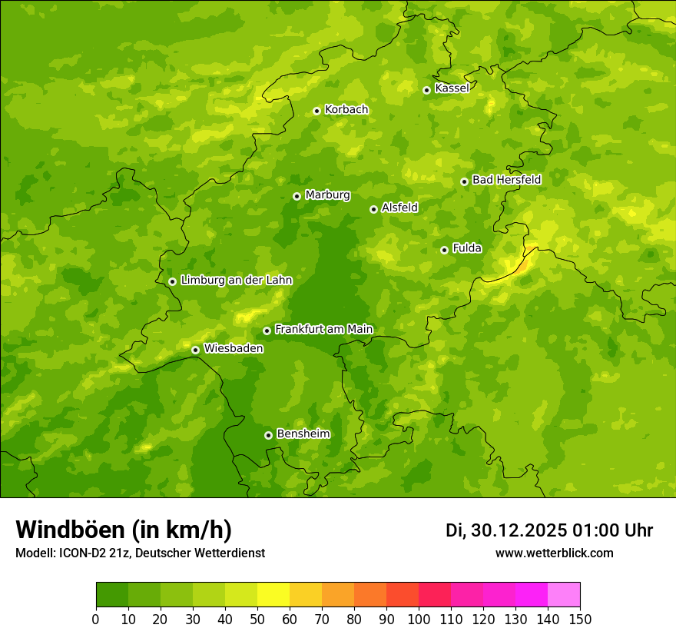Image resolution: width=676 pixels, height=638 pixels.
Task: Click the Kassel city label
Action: click(x=452, y=88)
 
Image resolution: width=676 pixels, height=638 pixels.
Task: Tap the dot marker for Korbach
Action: click(x=316, y=111)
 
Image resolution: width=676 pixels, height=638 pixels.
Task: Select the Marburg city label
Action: click(x=327, y=195)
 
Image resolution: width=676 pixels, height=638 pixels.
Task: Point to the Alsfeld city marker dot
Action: click(x=373, y=209)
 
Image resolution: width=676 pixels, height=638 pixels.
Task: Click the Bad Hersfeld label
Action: click(x=506, y=180)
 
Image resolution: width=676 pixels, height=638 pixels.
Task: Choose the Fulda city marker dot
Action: click(x=444, y=250)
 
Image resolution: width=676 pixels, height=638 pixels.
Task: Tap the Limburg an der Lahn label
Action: click(x=236, y=281)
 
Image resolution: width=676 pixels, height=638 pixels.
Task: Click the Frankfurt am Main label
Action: click(x=323, y=330)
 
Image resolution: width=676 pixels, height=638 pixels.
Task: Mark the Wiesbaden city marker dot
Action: click(x=195, y=350)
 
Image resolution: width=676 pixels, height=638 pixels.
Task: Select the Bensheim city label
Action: click(x=303, y=434)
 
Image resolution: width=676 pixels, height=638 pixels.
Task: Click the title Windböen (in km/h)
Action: click(x=124, y=530)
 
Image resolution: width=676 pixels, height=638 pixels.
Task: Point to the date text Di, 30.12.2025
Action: click(x=506, y=530)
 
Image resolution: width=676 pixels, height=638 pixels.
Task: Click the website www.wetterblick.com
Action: click(x=554, y=553)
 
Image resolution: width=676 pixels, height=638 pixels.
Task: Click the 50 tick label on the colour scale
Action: click(x=257, y=619)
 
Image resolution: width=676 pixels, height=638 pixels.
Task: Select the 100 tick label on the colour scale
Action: click(x=419, y=619)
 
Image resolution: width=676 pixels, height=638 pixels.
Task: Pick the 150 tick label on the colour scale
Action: click(x=580, y=619)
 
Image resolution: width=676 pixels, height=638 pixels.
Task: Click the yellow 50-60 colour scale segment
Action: click(x=273, y=595)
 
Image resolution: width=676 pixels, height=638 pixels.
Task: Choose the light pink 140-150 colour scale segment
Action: click(x=564, y=595)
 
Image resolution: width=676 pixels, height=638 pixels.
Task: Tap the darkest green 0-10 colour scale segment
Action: click(x=112, y=595)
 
